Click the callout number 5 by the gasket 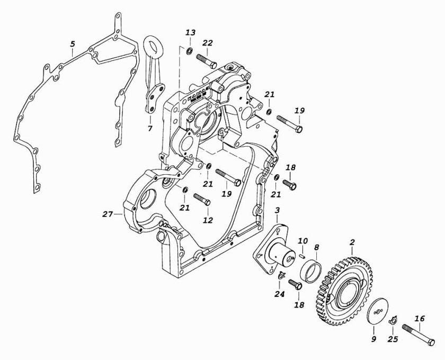click(x=73, y=44)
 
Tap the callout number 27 click(x=108, y=214)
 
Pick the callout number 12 click(x=208, y=220)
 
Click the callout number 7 click(x=150, y=129)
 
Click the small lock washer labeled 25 click(x=393, y=320)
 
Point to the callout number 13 click(x=190, y=33)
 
